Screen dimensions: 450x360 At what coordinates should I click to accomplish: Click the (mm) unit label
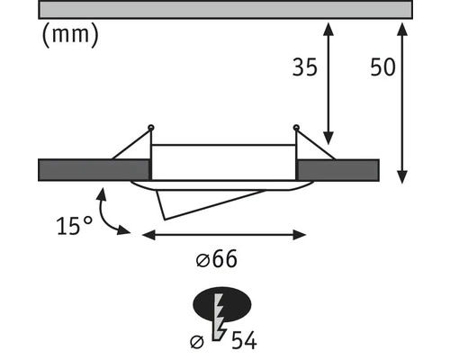(x=70, y=35)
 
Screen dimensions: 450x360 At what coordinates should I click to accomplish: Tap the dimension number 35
(x=305, y=67)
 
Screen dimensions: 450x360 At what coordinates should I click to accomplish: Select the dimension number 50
(x=383, y=67)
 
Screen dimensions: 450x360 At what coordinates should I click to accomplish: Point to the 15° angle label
(x=75, y=225)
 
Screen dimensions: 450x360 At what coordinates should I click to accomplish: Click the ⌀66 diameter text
(x=216, y=258)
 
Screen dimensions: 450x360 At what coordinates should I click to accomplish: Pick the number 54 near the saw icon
(x=244, y=340)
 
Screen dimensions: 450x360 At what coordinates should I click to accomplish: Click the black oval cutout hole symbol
(x=222, y=304)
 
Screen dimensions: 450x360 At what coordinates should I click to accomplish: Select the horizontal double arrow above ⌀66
(x=224, y=235)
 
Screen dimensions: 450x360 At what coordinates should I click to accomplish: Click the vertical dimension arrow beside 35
(x=328, y=84)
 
